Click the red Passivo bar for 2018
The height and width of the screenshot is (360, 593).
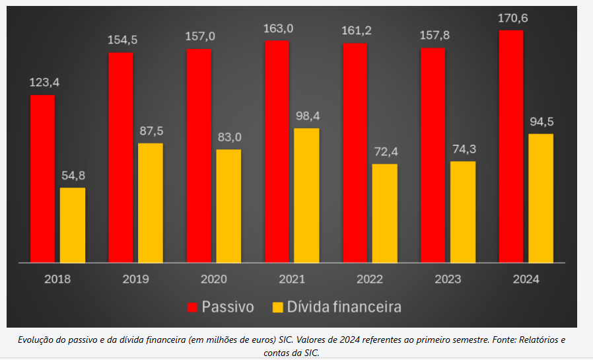pyautogui.click(x=42, y=178)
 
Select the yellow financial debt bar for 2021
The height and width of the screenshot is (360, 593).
pyautogui.click(x=306, y=196)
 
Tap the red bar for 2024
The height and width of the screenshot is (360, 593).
pyautogui.click(x=510, y=146)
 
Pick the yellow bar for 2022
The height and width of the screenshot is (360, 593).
pyautogui.click(x=384, y=213)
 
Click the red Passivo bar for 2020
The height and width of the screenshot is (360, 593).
pyautogui.click(x=199, y=155)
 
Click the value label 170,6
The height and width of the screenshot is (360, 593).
pyautogui.click(x=512, y=18)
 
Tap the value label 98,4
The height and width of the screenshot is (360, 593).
pyautogui.click(x=307, y=116)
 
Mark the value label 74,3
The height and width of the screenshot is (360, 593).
pyautogui.click(x=464, y=149)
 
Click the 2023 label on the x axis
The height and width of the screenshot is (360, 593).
pyautogui.click(x=448, y=279)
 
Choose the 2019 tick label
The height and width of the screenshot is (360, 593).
pyautogui.click(x=135, y=279)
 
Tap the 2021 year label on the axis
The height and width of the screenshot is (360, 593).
pyautogui.click(x=292, y=279)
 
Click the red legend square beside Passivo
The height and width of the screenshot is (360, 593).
pyautogui.click(x=192, y=307)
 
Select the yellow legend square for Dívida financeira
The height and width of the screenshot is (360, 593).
pyautogui.click(x=278, y=307)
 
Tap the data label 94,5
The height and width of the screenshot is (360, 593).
pyautogui.click(x=541, y=122)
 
